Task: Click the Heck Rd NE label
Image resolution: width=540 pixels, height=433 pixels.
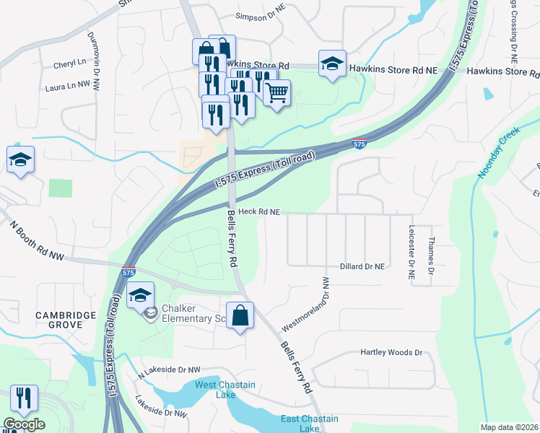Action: (x=258, y=211)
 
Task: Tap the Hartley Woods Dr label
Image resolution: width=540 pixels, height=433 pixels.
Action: (x=391, y=353)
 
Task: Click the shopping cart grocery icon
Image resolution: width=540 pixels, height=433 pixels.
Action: (x=277, y=93)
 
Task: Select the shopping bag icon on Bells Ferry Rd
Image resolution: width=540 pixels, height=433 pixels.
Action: (x=240, y=316)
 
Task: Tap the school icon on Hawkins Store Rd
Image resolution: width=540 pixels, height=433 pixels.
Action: (x=332, y=64)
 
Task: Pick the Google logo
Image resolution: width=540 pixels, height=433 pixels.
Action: (x=24, y=424)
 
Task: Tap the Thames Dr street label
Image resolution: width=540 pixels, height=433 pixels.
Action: (x=431, y=255)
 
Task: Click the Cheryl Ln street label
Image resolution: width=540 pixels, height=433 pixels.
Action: (x=69, y=64)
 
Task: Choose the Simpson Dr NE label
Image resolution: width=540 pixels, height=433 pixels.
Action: (x=261, y=15)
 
